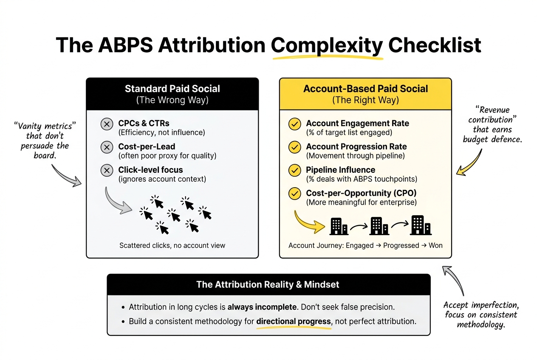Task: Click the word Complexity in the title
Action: coord(327,45)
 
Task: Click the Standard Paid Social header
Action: coord(172,89)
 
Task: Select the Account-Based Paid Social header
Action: coord(365,89)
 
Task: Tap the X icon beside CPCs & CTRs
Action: coord(107,124)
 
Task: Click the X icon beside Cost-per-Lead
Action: coord(107,147)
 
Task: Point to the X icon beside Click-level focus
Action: coord(107,171)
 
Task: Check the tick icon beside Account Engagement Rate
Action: coord(294,124)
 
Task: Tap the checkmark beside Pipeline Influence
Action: coord(294,171)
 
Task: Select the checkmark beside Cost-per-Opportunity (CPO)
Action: coord(294,194)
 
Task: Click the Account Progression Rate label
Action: coord(356,146)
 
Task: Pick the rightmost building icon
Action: coord(421,225)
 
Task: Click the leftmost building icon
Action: coord(339,226)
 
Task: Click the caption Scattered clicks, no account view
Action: coord(172,245)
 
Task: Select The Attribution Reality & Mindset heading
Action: coord(268,284)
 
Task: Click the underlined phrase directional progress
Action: coord(294,321)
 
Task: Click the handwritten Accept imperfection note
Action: coord(480,315)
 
